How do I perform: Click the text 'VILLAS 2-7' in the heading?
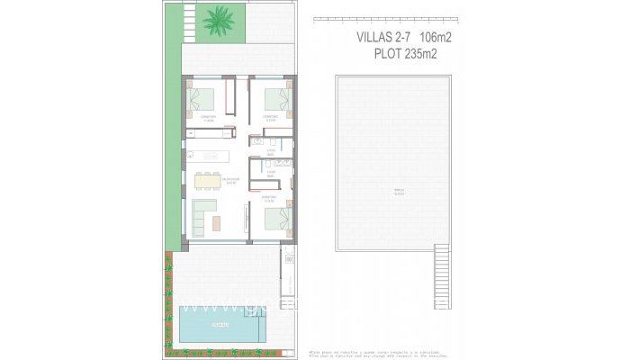pos(368,39)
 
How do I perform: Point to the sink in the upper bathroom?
pos(259,141)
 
